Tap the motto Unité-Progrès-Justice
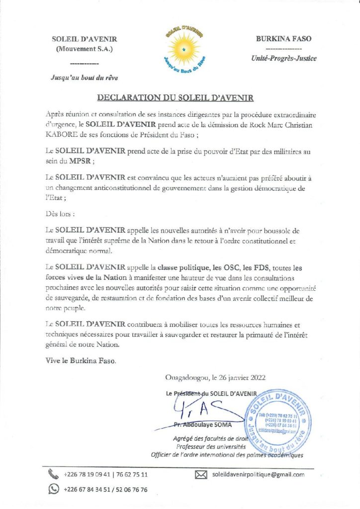click(x=283, y=58)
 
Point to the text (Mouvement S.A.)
click(x=84, y=49)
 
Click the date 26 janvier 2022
click(x=237, y=378)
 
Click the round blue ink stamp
click(x=279, y=421)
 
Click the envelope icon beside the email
click(x=200, y=475)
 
